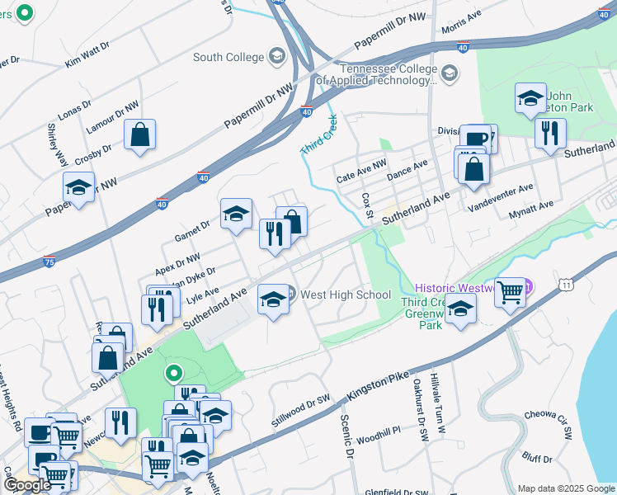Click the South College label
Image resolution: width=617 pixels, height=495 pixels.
coord(228,57)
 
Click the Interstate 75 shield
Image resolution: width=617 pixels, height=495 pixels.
coord(50,262)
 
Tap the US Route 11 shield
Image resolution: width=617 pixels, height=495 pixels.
coord(566,284)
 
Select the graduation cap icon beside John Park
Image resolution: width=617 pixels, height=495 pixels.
coord(530,98)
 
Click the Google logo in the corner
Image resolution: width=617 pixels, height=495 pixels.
coord(27,485)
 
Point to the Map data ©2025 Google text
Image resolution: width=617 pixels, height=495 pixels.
coord(565,488)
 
